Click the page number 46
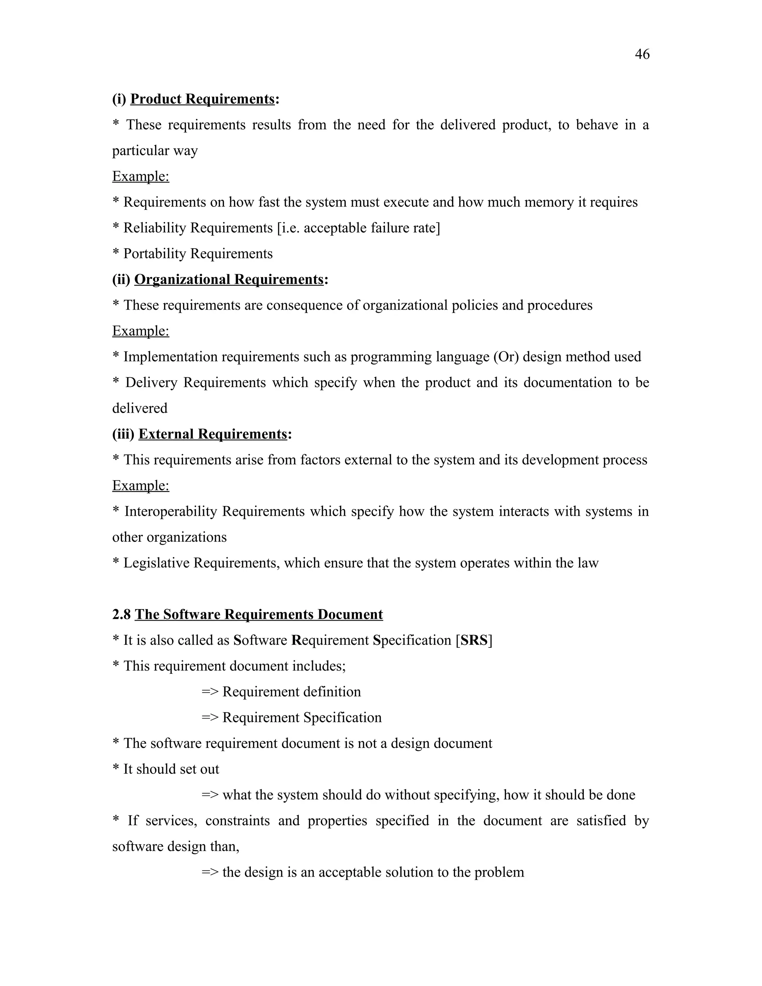click(642, 54)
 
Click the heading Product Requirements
click(202, 99)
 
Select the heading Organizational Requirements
click(228, 279)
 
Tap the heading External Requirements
click(212, 434)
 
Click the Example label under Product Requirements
click(140, 176)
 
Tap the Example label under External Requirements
click(140, 486)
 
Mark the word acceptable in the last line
click(349, 872)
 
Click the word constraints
click(237, 821)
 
